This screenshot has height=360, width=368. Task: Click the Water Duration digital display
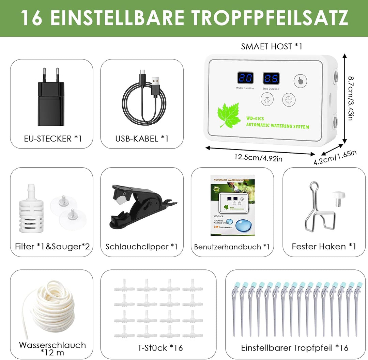[245, 78]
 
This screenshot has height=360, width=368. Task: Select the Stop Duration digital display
[271, 79]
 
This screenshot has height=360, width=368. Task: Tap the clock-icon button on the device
[289, 100]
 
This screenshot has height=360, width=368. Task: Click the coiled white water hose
[51, 310]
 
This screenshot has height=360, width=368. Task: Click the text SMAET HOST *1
[272, 46]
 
